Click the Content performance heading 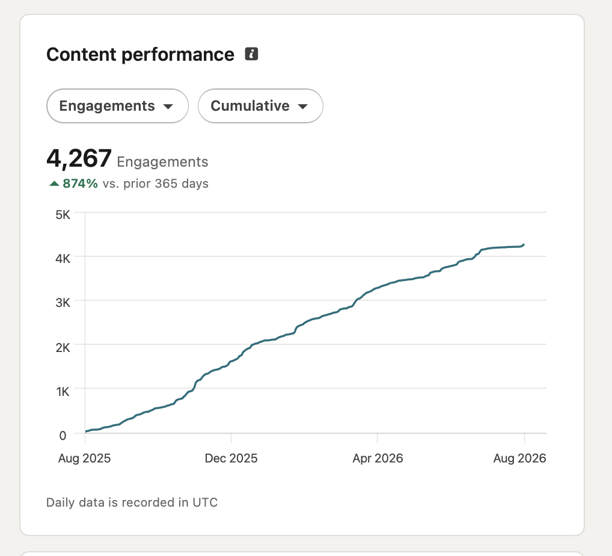point(140,54)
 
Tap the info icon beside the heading point(251,54)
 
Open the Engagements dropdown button point(117,106)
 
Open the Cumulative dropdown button point(260,106)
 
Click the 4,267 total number point(79,159)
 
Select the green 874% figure point(80,184)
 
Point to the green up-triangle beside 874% point(54,184)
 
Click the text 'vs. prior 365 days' point(155,184)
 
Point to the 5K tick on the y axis point(63,214)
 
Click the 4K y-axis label point(63,258)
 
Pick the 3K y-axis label point(63,303)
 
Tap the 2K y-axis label point(63,347)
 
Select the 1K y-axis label point(63,391)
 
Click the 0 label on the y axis point(63,435)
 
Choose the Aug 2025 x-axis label point(84,458)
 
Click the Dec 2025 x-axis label point(231,458)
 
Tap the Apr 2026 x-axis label point(378,458)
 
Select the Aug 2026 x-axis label point(519,458)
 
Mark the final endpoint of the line point(524,244)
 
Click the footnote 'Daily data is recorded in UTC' point(132,502)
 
